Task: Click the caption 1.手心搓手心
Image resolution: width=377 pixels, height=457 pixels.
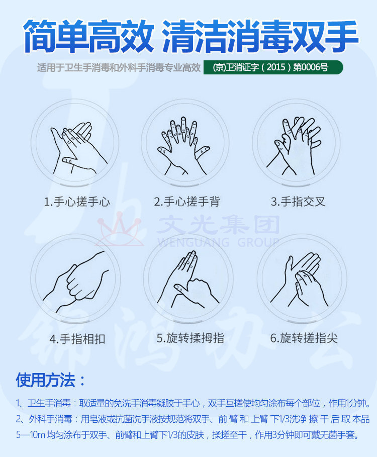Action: [x=77, y=202]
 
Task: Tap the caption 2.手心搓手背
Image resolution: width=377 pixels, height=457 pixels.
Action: [x=187, y=202]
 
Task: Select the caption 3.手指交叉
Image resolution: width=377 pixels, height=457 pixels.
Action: [x=298, y=202]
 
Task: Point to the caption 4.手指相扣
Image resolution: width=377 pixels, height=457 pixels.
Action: [x=77, y=339]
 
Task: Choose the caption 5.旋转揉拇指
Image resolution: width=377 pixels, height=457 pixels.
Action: [x=190, y=338]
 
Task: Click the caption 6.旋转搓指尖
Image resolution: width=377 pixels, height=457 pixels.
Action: [x=304, y=338]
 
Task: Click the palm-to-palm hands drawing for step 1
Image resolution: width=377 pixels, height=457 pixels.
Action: [x=78, y=148]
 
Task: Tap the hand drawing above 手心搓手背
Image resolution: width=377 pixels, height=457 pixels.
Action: [x=183, y=146]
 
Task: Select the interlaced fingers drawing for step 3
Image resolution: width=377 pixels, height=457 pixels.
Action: [x=294, y=146]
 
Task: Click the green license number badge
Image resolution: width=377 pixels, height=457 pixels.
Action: [x=273, y=67]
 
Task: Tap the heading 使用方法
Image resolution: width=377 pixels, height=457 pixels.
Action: [x=50, y=380]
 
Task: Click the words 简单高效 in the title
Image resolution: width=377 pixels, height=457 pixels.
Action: [x=88, y=36]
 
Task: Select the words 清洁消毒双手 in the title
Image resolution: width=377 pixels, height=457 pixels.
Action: [x=259, y=36]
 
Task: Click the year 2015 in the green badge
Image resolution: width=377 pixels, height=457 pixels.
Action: [x=276, y=67]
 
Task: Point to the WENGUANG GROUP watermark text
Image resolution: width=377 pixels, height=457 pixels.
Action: [x=219, y=242]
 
